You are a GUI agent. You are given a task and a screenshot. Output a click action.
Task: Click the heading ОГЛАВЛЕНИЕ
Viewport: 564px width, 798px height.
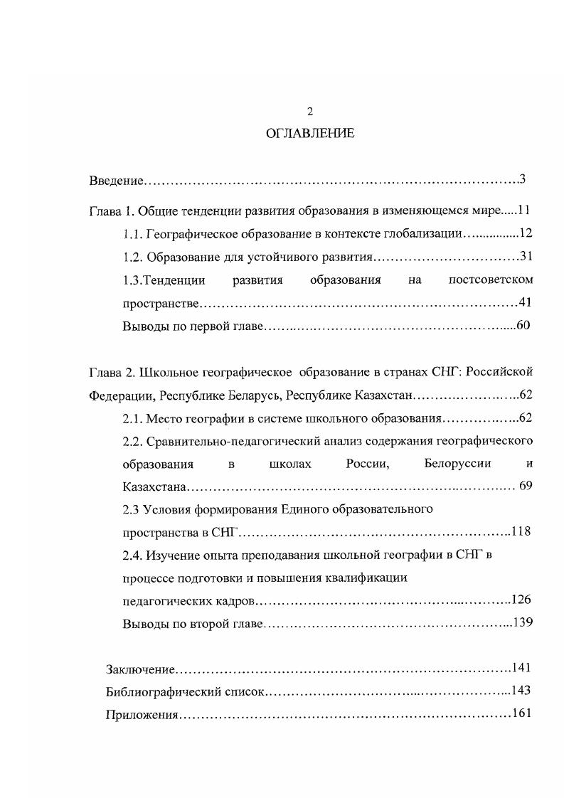309,133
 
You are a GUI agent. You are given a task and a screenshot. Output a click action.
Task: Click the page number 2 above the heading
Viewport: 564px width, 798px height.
309,111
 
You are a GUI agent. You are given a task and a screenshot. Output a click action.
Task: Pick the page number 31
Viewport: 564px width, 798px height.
526,256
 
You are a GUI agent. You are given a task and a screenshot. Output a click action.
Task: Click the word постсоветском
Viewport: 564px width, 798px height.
491,280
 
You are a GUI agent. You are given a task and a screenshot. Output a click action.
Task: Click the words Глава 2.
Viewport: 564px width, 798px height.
111,372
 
